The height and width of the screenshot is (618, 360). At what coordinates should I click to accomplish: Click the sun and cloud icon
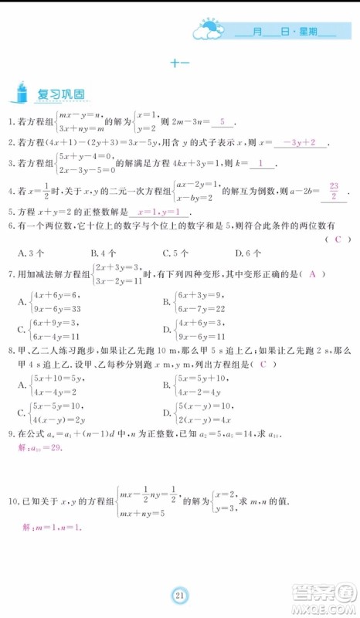point(209,29)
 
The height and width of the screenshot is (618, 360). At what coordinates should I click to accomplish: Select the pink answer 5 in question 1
point(222,122)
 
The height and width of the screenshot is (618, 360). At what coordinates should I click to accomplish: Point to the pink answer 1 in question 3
point(263,163)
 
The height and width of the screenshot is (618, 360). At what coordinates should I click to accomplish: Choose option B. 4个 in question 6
point(103,253)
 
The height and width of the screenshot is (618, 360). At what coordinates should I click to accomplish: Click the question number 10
point(11,501)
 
